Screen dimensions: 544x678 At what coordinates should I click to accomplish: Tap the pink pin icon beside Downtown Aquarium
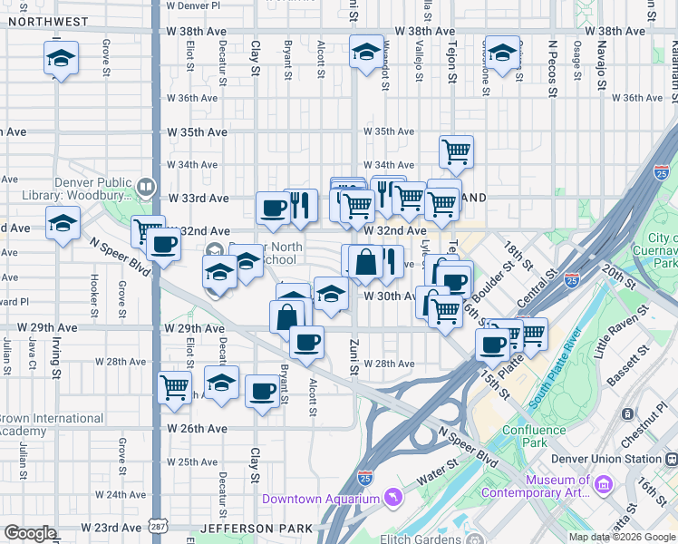392,497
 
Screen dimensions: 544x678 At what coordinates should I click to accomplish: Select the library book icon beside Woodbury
145,187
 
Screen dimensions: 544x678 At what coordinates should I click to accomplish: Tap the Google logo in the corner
29,533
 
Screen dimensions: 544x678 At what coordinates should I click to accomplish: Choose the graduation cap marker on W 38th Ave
366,53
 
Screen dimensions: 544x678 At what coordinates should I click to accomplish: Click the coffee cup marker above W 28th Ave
307,342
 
